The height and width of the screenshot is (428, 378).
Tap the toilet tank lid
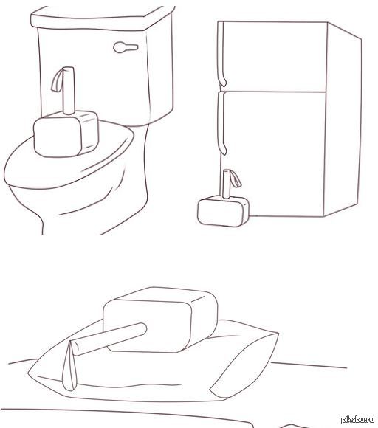(x=103, y=16)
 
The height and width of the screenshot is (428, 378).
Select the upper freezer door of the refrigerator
(x=273, y=55)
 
